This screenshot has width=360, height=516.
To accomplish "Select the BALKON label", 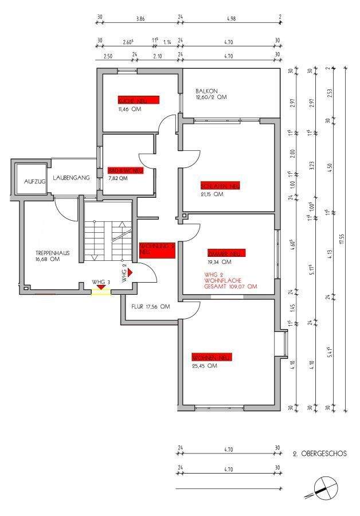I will point(206,91).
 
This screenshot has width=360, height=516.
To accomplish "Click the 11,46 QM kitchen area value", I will point(129,108).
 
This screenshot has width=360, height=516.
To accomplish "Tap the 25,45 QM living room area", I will point(204,366).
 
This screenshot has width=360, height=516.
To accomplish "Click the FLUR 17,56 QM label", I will point(151,307).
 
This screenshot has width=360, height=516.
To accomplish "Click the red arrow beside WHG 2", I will point(131,272).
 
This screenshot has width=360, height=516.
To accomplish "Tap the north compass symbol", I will point(323,488).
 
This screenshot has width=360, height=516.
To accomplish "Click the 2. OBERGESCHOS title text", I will point(320,454).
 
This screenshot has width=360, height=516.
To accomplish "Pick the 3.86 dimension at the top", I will point(140,19).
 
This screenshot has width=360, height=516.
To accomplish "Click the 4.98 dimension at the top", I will point(231,19).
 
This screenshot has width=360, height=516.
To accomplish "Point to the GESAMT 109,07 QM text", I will point(229,286).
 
